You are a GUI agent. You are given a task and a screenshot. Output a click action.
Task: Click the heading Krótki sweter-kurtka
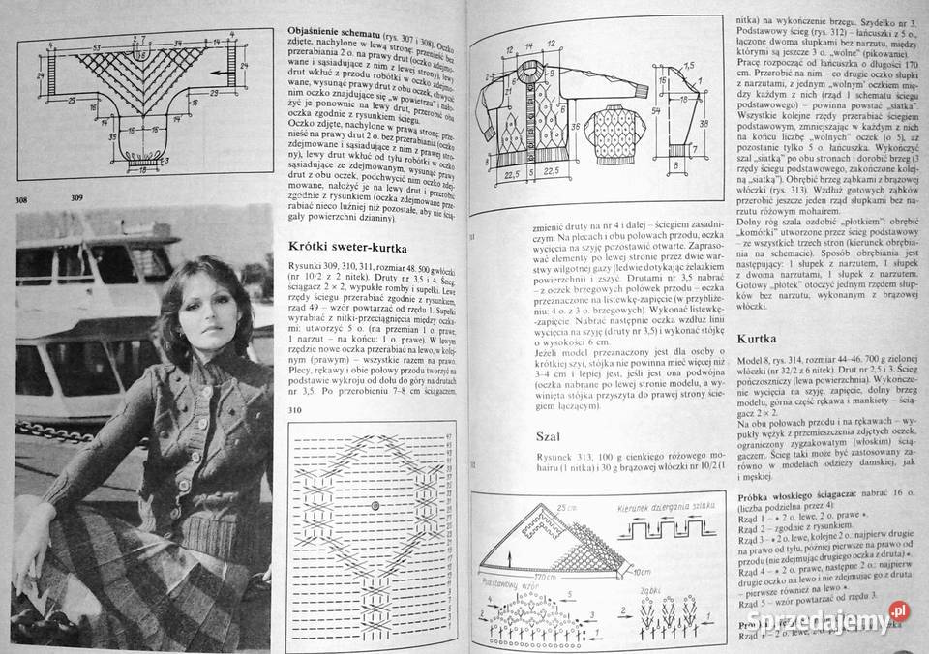349,249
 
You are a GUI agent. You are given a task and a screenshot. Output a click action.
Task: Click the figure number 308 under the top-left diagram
21,200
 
